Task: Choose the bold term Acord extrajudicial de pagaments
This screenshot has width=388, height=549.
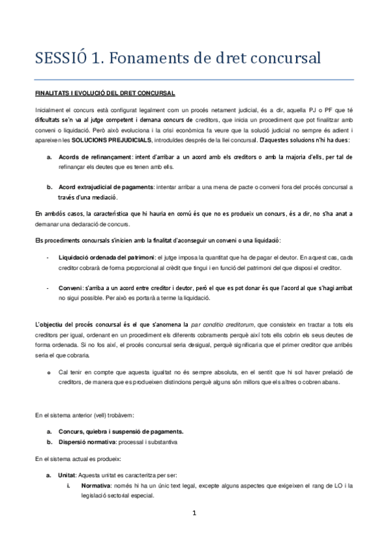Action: click(x=106, y=187)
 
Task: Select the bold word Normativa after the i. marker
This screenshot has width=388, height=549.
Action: click(x=97, y=484)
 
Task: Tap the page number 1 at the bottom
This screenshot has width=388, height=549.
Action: click(x=194, y=513)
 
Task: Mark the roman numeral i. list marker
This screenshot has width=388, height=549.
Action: click(x=69, y=484)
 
